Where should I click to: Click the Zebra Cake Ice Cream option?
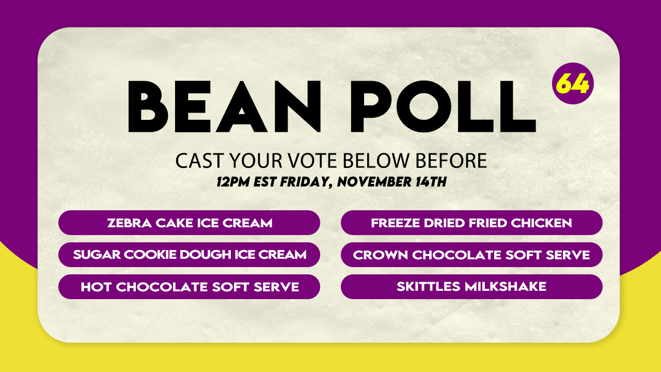pyautogui.click(x=189, y=223)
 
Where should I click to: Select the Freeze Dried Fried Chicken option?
pyautogui.click(x=471, y=223)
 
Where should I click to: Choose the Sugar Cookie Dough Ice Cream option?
pyautogui.click(x=189, y=255)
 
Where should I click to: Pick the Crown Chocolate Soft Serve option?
pyautogui.click(x=471, y=255)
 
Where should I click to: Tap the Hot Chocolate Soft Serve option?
pyautogui.click(x=189, y=287)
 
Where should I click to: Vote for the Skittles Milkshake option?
pyautogui.click(x=471, y=287)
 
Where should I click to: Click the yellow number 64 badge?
pyautogui.click(x=573, y=83)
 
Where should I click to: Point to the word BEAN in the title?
pyautogui.click(x=224, y=106)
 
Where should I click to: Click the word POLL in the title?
pyautogui.click(x=443, y=106)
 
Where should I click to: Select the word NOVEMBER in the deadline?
pyautogui.click(x=374, y=181)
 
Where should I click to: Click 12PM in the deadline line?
pyautogui.click(x=233, y=181)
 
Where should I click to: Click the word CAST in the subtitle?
pyautogui.click(x=199, y=161)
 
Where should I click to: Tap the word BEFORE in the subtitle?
pyautogui.click(x=451, y=161)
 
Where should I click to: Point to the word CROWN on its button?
pyautogui.click(x=380, y=255)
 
